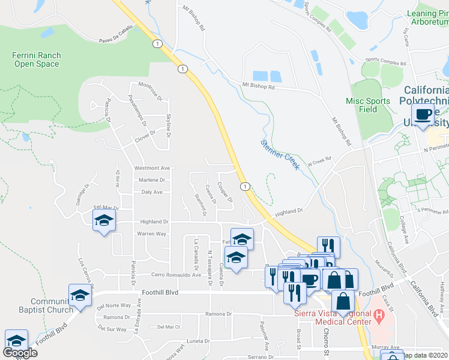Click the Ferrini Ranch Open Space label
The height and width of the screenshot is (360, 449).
point(36,59)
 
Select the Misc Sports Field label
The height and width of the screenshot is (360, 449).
point(369,105)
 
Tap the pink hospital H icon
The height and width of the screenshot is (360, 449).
point(378,314)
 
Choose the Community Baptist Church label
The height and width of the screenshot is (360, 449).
point(43,305)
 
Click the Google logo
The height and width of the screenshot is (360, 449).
point(19,353)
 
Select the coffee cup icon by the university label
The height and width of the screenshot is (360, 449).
point(423,114)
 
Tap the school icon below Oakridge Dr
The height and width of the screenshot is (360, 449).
point(104,221)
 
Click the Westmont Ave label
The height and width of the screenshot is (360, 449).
point(152,168)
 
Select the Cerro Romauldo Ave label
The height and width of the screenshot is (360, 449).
point(175,275)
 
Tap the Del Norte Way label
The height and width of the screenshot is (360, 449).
point(113,305)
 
